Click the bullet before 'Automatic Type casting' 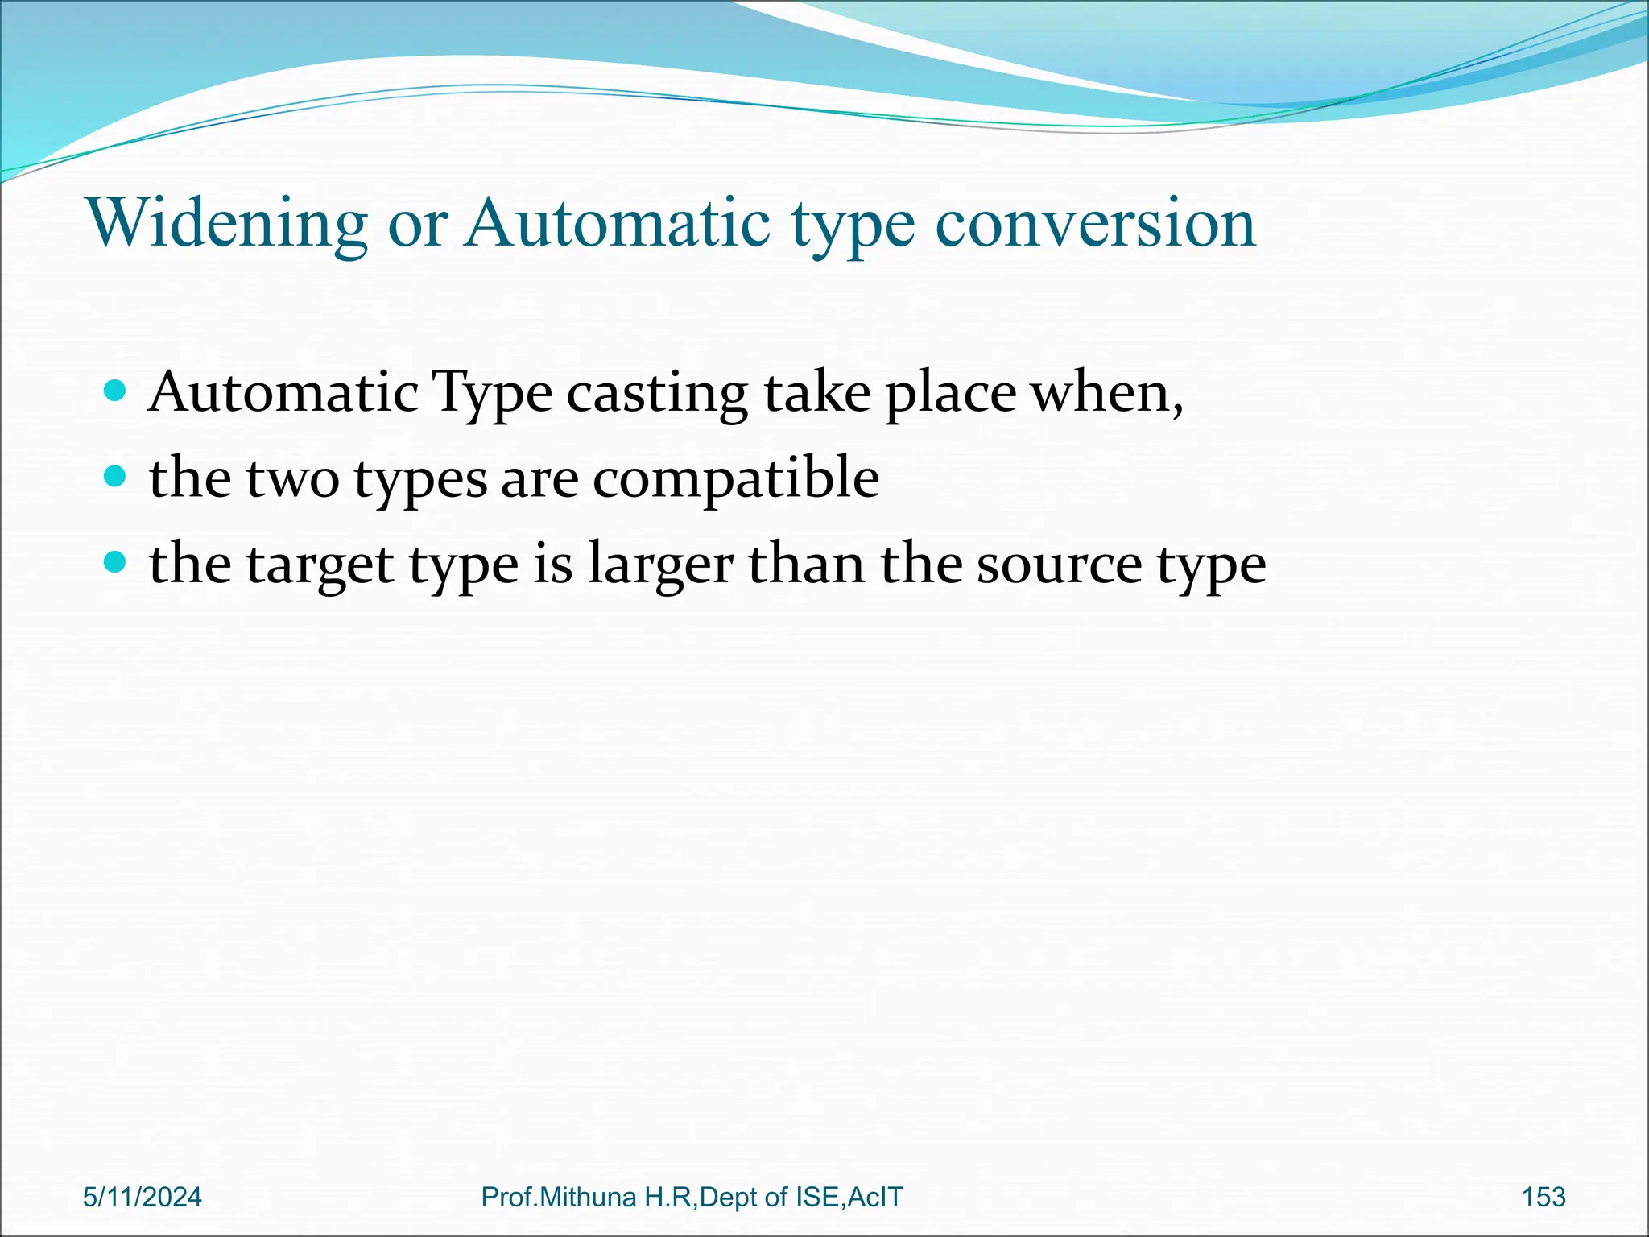tap(116, 392)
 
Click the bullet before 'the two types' tap(116, 477)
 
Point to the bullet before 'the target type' tap(116, 562)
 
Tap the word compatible tap(736, 480)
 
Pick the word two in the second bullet tap(292, 478)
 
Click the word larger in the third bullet tap(660, 565)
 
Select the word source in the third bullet tap(1058, 565)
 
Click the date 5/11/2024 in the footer tap(143, 1198)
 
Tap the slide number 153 tap(1544, 1198)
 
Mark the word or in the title tap(417, 223)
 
